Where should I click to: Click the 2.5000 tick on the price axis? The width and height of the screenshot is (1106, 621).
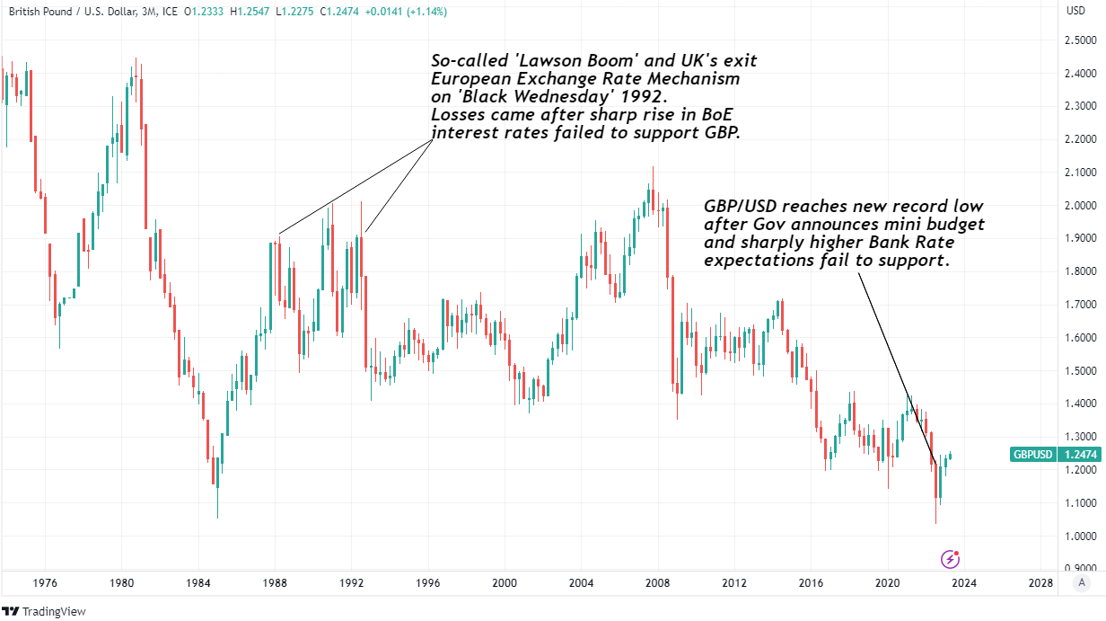[1080, 40]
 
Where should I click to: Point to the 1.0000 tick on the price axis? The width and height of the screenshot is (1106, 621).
[1080, 537]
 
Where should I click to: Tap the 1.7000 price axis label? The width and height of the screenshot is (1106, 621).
[1080, 306]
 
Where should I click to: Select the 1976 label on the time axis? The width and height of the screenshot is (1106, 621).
[46, 583]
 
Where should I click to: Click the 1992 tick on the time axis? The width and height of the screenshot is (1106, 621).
[352, 583]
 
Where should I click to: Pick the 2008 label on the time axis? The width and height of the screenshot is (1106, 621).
[658, 583]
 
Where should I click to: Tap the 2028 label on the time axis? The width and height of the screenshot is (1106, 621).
[1040, 583]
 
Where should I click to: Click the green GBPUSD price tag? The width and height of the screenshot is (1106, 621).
[1032, 455]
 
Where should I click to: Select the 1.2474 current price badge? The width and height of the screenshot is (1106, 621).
[1079, 455]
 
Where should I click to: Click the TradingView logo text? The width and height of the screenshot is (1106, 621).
[54, 611]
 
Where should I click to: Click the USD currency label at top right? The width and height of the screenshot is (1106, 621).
[1075, 11]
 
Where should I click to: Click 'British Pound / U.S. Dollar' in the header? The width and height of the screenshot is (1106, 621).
[71, 12]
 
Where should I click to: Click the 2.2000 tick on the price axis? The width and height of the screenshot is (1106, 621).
[1080, 140]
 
